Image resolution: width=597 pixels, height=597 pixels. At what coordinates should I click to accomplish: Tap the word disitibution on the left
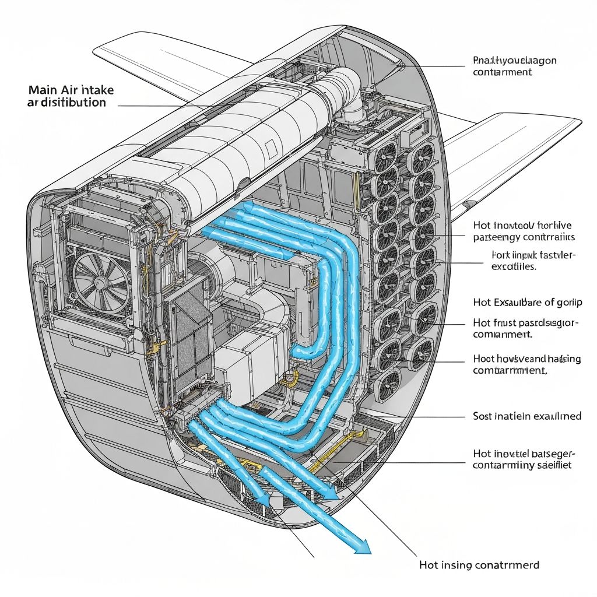click(x=73, y=103)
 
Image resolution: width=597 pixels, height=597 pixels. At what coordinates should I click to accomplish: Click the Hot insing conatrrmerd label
click(x=479, y=565)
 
